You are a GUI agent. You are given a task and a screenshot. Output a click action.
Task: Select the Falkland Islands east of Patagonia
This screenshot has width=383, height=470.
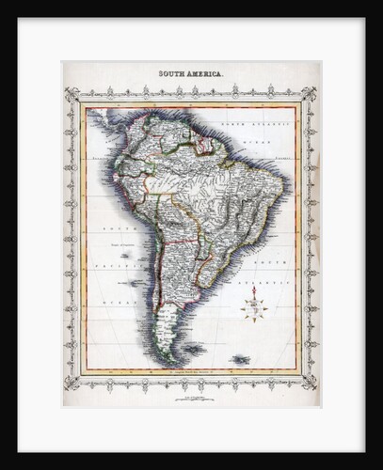tap(196, 349)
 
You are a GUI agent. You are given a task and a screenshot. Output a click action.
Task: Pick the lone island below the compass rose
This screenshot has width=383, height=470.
tap(241, 359)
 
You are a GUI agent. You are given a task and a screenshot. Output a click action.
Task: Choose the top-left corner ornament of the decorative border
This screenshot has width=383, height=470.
tap(70, 94)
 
